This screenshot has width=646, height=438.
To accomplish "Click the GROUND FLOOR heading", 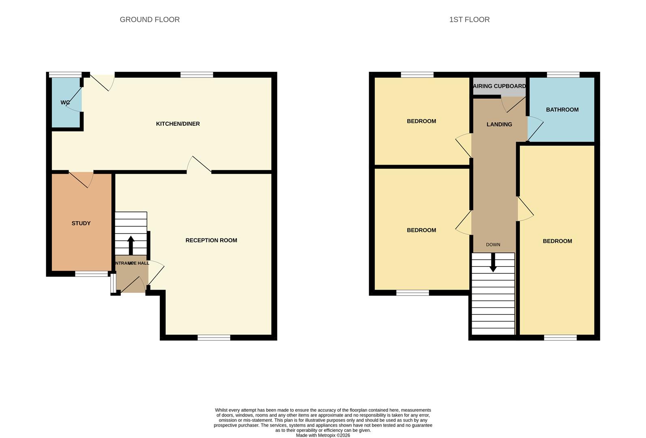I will click(x=150, y=19).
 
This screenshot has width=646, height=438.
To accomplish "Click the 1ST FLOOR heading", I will click(x=469, y=19).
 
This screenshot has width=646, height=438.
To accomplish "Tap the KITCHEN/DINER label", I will click(x=178, y=124).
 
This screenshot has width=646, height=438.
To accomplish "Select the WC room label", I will click(x=65, y=103).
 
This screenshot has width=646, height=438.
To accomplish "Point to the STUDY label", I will click(x=81, y=223).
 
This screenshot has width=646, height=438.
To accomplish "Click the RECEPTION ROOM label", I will click(x=211, y=240).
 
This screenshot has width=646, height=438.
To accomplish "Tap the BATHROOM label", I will click(x=562, y=110).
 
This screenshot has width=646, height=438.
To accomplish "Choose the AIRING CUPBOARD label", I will click(x=499, y=86).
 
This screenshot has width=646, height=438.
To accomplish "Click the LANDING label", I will click(x=499, y=125).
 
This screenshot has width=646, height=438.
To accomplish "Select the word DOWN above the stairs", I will click(x=493, y=245).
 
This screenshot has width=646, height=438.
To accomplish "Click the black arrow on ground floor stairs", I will click(x=131, y=245).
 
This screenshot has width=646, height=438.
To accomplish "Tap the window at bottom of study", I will click(x=91, y=274).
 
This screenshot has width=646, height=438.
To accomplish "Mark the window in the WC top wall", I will click(x=65, y=75).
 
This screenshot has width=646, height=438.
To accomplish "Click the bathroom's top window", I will click(x=563, y=75).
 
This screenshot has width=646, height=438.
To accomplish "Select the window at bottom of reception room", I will click(x=214, y=337).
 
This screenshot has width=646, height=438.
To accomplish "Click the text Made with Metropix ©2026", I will click(x=323, y=435).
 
